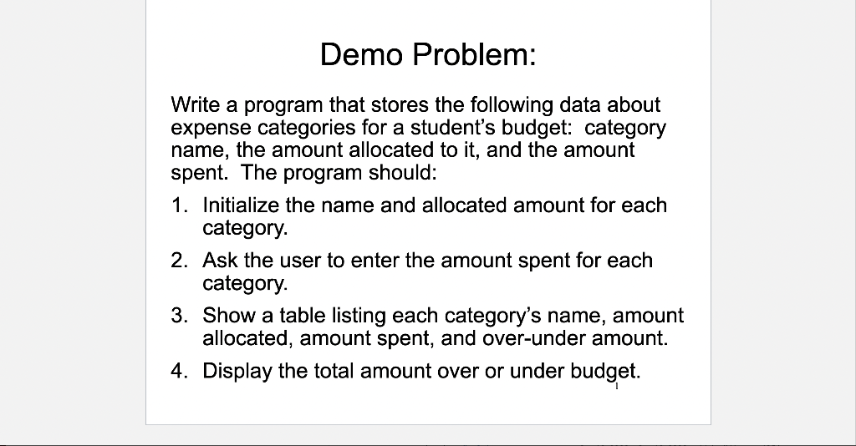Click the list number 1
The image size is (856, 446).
[178, 205]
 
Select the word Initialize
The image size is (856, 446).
[241, 205]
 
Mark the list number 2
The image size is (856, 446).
[178, 261]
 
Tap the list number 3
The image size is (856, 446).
[178, 316]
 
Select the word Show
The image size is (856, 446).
[227, 316]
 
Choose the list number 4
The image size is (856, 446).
[178, 371]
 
